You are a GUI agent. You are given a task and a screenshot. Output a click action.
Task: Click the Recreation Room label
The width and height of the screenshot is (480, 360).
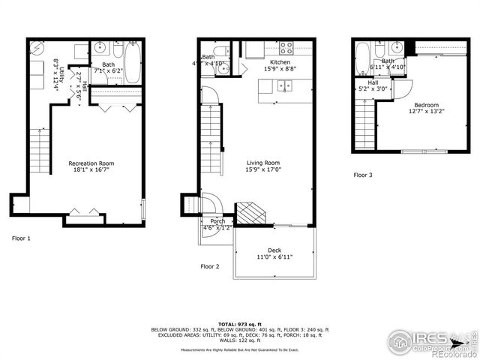tap(91, 163)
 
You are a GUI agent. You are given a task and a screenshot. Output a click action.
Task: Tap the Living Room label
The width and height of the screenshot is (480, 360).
tap(263, 163)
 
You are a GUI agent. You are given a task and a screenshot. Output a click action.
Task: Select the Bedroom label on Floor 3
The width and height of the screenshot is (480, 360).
tap(425, 106)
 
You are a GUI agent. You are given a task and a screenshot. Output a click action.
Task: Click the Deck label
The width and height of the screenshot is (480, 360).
tap(275, 250)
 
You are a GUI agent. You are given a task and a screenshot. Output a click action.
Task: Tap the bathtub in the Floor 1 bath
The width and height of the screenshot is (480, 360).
tap(132, 62)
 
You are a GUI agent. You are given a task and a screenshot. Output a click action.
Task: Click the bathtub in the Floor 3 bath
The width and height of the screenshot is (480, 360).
tap(363, 58)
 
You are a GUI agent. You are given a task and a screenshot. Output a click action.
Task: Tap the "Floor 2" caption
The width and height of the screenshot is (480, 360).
tap(210, 266)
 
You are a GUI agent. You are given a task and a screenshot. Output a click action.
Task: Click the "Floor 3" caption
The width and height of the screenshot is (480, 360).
tap(363, 175)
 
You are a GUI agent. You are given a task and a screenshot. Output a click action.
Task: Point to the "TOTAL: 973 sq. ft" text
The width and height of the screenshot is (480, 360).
tap(239, 322)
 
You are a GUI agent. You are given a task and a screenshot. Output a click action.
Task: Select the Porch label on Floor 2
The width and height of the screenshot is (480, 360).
tap(217, 221)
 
